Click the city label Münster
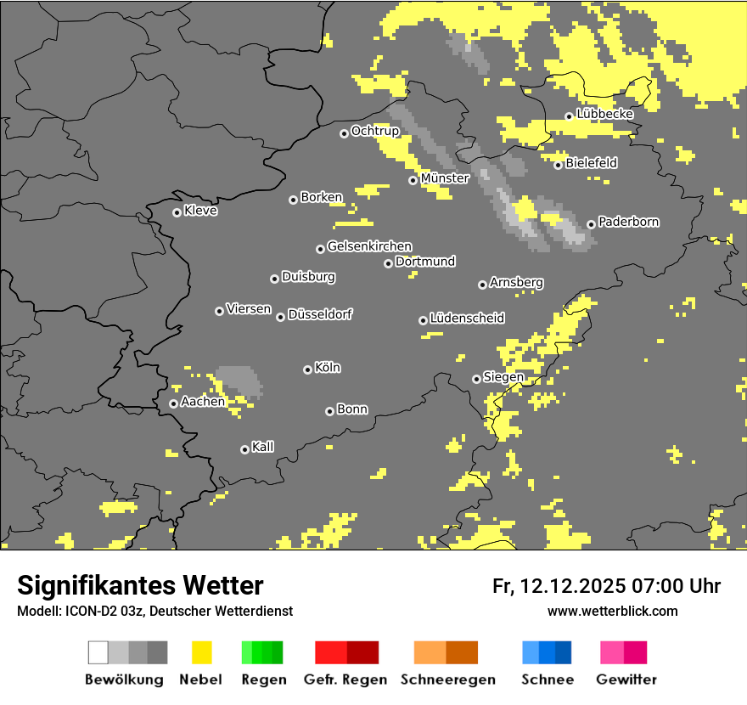point(445,178)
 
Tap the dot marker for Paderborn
point(591,224)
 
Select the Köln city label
point(328,368)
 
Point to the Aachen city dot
point(173,403)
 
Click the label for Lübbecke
point(604,114)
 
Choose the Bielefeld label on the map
point(591,162)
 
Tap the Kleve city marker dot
point(177,212)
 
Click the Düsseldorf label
point(320,314)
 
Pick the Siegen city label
point(503,377)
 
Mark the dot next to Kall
point(244,449)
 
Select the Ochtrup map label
point(374,131)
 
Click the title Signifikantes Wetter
point(140,586)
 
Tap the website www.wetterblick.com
point(612,611)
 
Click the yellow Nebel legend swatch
point(201,652)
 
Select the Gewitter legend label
point(626,680)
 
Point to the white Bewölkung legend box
point(98,652)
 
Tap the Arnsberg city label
point(516,282)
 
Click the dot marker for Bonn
point(329,411)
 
